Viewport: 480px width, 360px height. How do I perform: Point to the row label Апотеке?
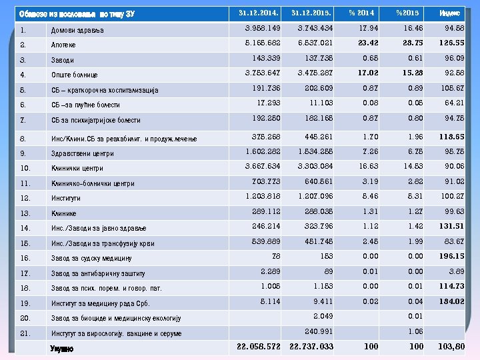63,45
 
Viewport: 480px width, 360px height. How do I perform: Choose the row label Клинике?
63,213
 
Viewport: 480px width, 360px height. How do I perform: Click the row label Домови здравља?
77,31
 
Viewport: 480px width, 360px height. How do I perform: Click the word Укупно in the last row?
62,348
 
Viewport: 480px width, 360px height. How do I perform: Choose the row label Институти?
65,198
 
